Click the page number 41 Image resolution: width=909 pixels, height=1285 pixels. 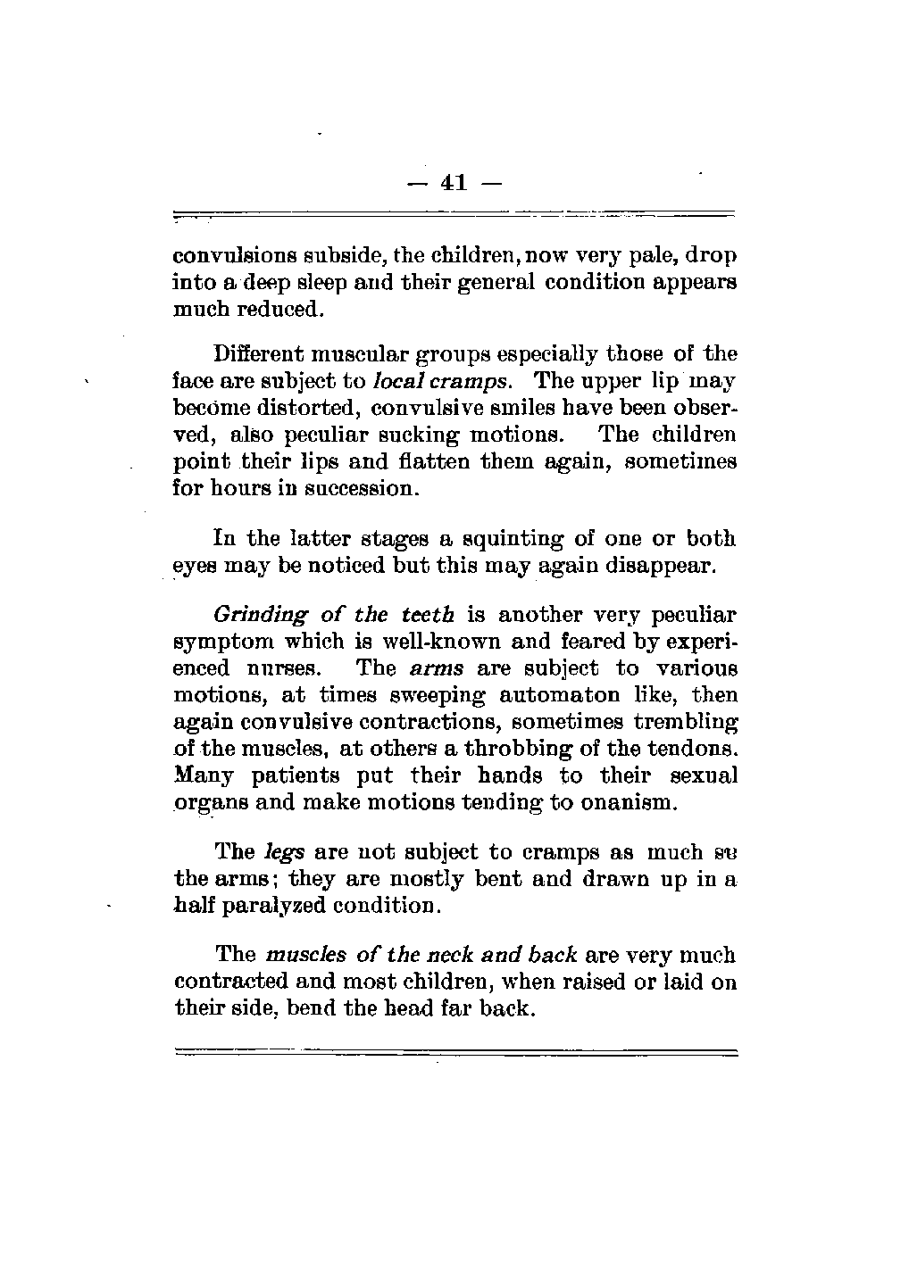click(x=454, y=183)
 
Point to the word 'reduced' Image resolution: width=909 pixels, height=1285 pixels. click(x=278, y=311)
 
